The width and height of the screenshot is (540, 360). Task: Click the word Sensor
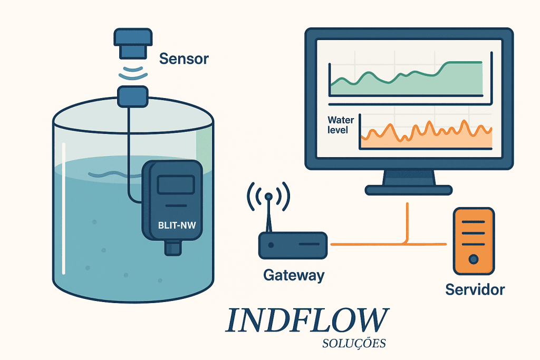coord(184,58)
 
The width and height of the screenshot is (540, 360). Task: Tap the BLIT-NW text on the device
coord(176,226)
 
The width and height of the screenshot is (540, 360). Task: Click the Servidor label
coord(475,289)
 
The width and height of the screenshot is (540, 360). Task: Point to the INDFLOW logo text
coord(306,320)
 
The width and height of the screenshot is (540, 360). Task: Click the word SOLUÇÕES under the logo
coord(353,344)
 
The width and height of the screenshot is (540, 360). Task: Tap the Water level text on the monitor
coord(338,124)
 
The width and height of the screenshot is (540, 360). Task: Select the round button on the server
coord(474,259)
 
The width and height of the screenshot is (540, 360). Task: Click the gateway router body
coord(293,245)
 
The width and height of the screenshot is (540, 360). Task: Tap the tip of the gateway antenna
coord(268,197)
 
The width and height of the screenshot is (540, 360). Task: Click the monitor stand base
coord(408,190)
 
